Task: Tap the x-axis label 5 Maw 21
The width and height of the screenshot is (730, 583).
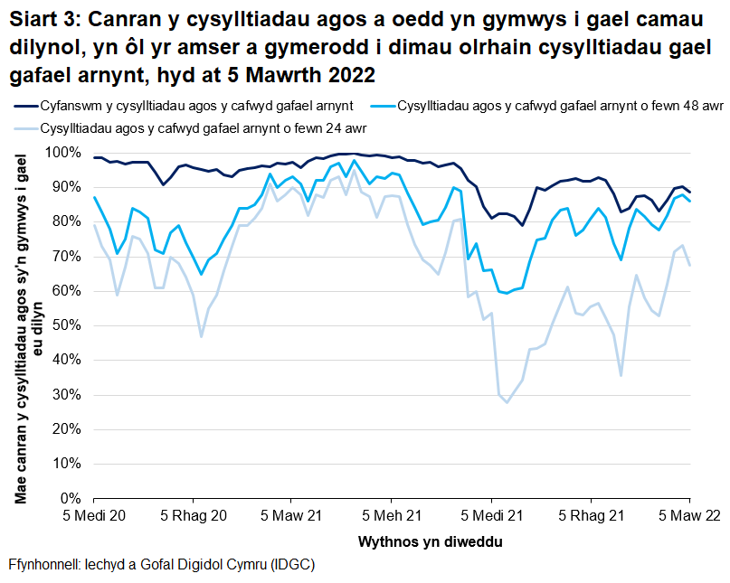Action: pyautogui.click(x=292, y=516)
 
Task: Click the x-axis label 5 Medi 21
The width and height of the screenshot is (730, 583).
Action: pyautogui.click(x=491, y=516)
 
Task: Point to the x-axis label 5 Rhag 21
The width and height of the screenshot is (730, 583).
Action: pyautogui.click(x=591, y=516)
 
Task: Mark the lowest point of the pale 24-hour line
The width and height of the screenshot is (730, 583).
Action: pyautogui.click(x=507, y=402)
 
